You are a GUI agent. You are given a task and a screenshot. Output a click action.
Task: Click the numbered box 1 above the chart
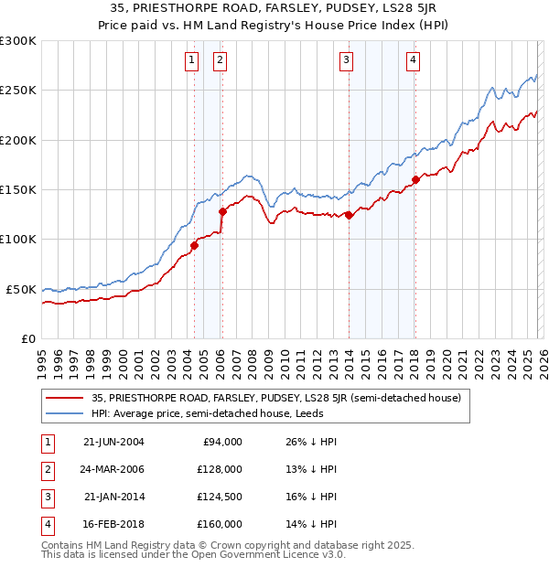point(192,61)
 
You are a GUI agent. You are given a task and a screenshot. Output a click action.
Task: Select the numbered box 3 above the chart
point(347,61)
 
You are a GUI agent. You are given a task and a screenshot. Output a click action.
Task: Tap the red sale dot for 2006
point(222,211)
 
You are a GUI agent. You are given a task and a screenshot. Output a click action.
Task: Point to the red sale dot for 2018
point(415,179)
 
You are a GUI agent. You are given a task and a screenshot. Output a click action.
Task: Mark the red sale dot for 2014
point(350,215)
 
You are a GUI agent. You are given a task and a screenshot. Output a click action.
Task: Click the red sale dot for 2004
point(194,245)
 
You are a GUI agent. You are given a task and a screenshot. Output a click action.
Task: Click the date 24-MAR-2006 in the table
point(113,469)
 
